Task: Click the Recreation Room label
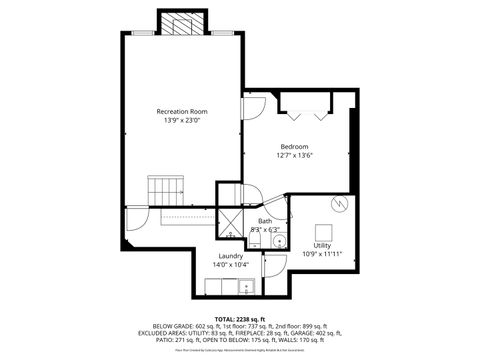coord(181,110)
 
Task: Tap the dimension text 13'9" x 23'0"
coord(181,120)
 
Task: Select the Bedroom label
coord(294,146)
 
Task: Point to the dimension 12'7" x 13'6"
coord(294,156)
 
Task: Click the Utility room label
coord(322,245)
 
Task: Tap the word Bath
coord(265,221)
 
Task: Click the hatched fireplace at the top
coord(180,22)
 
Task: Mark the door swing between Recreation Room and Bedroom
coord(254,105)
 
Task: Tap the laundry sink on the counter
coord(246,287)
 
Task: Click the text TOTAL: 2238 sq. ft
coord(240,318)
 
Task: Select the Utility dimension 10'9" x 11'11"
coord(322,255)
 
